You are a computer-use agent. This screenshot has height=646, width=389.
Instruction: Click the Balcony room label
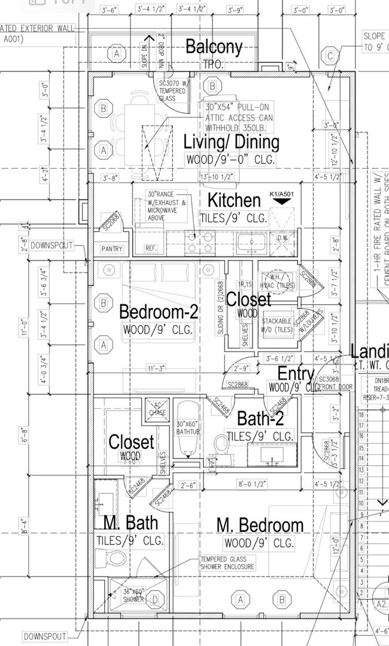point(214,47)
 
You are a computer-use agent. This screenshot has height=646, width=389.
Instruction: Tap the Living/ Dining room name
point(231,142)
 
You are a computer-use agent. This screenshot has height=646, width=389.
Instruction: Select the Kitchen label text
point(234,200)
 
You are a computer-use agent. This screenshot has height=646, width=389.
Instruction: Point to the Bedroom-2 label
point(159,312)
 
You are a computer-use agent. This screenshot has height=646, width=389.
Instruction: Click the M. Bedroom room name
point(260,526)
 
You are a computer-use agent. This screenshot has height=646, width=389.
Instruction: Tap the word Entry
point(296,374)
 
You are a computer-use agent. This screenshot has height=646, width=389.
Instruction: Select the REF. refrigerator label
point(150,248)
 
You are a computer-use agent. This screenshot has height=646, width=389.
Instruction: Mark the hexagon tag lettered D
point(155,599)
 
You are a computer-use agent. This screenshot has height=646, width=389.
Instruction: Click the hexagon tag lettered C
point(330,57)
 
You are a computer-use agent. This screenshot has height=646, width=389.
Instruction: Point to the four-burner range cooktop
point(200,242)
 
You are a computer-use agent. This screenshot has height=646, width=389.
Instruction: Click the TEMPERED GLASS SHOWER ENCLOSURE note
point(227,563)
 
